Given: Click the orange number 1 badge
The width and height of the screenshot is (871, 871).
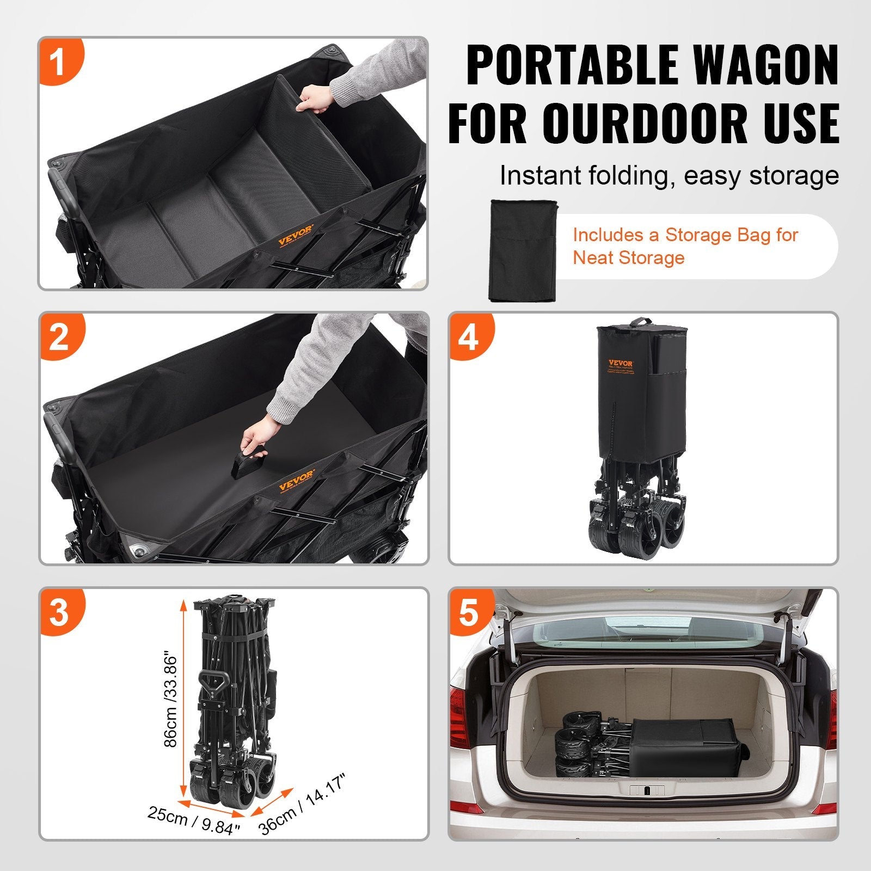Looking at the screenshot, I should pyautogui.click(x=60, y=61).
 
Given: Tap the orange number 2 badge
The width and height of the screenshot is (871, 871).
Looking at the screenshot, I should pyautogui.click(x=60, y=336).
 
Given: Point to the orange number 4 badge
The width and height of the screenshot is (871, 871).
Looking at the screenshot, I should pyautogui.click(x=469, y=336).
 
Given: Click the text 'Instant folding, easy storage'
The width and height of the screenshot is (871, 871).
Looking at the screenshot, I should pyautogui.click(x=669, y=175).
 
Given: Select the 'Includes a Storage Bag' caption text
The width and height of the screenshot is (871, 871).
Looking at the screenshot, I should pyautogui.click(x=685, y=246).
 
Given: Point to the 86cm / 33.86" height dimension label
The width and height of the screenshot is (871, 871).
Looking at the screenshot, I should pyautogui.click(x=171, y=699).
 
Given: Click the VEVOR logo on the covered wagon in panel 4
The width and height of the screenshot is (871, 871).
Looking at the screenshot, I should pyautogui.click(x=621, y=363).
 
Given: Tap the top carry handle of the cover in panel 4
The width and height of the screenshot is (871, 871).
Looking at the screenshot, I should pyautogui.click(x=641, y=322).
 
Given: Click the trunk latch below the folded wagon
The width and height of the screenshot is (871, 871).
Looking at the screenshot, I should pyautogui.click(x=646, y=790).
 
